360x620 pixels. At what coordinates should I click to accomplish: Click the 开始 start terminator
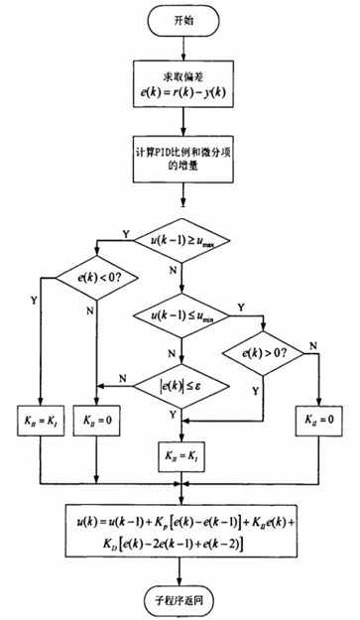(x=180, y=22)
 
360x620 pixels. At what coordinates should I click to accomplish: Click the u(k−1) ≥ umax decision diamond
(x=180, y=239)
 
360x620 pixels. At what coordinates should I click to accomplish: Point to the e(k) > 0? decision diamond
(x=264, y=351)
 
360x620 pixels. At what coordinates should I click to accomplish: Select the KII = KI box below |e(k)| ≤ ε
(x=180, y=455)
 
